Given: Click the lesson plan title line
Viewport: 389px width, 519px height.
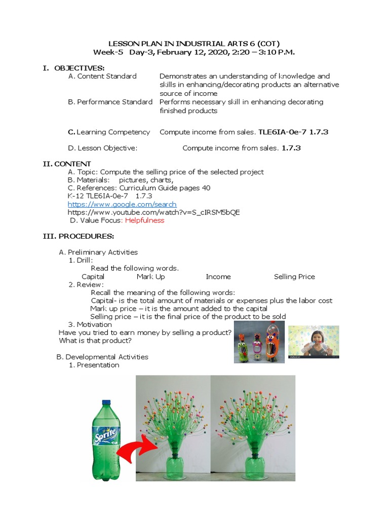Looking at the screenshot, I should click(194, 44).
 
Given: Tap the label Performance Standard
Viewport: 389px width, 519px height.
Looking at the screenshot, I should click(110, 102).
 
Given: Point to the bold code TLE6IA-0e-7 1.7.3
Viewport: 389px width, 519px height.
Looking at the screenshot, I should click(293, 132).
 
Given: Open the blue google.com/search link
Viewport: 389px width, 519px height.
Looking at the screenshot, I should click(122, 204).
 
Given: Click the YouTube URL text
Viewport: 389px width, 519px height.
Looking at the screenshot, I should click(153, 212).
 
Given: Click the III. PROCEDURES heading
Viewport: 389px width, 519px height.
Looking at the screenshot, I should click(78, 236).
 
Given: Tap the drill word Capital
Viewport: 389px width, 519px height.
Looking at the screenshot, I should click(93, 277).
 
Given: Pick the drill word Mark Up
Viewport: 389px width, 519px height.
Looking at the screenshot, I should click(150, 277).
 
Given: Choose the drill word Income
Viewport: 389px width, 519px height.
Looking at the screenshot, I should click(218, 277).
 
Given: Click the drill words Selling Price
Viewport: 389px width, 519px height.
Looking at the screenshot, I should click(294, 277).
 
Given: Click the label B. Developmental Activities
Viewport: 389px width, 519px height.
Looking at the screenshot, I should click(102, 357).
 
